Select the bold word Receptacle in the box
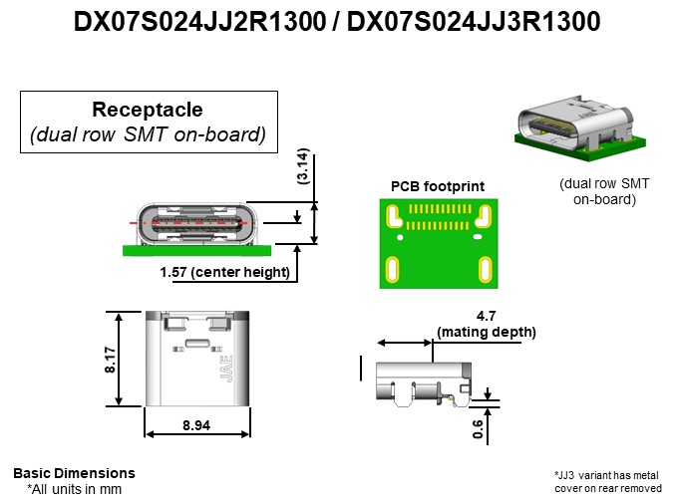[x=148, y=110]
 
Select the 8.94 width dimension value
[x=196, y=425]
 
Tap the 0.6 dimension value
[x=477, y=425]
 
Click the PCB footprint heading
[x=437, y=185]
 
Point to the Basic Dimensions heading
[x=74, y=473]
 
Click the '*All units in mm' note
[x=74, y=489]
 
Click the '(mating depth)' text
[x=486, y=332]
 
